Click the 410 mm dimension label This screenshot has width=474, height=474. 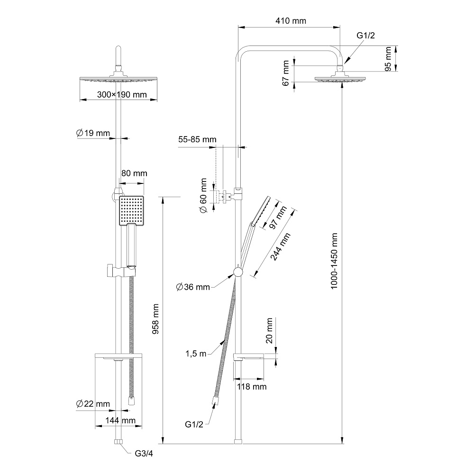(291, 21)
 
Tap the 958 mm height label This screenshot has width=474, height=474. (155, 319)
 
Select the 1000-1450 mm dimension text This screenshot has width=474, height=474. (334, 261)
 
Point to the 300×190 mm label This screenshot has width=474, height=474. (122, 95)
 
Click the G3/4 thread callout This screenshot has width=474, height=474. (144, 454)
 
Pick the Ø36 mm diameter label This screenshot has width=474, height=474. (193, 287)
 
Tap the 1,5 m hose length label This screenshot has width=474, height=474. (196, 354)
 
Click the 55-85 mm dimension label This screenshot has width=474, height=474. (197, 139)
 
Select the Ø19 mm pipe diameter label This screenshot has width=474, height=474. (93, 133)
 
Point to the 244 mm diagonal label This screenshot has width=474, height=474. (280, 246)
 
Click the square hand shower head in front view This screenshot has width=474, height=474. (131, 211)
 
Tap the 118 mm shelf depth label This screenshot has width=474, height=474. (252, 387)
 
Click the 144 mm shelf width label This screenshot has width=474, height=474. (120, 420)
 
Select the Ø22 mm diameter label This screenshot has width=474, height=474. (93, 404)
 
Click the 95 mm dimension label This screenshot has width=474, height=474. (388, 59)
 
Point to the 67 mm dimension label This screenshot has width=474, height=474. (286, 73)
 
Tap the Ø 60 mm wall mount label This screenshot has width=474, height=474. (203, 196)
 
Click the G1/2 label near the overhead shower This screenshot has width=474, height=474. (366, 36)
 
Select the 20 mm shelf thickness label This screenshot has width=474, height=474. (269, 331)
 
